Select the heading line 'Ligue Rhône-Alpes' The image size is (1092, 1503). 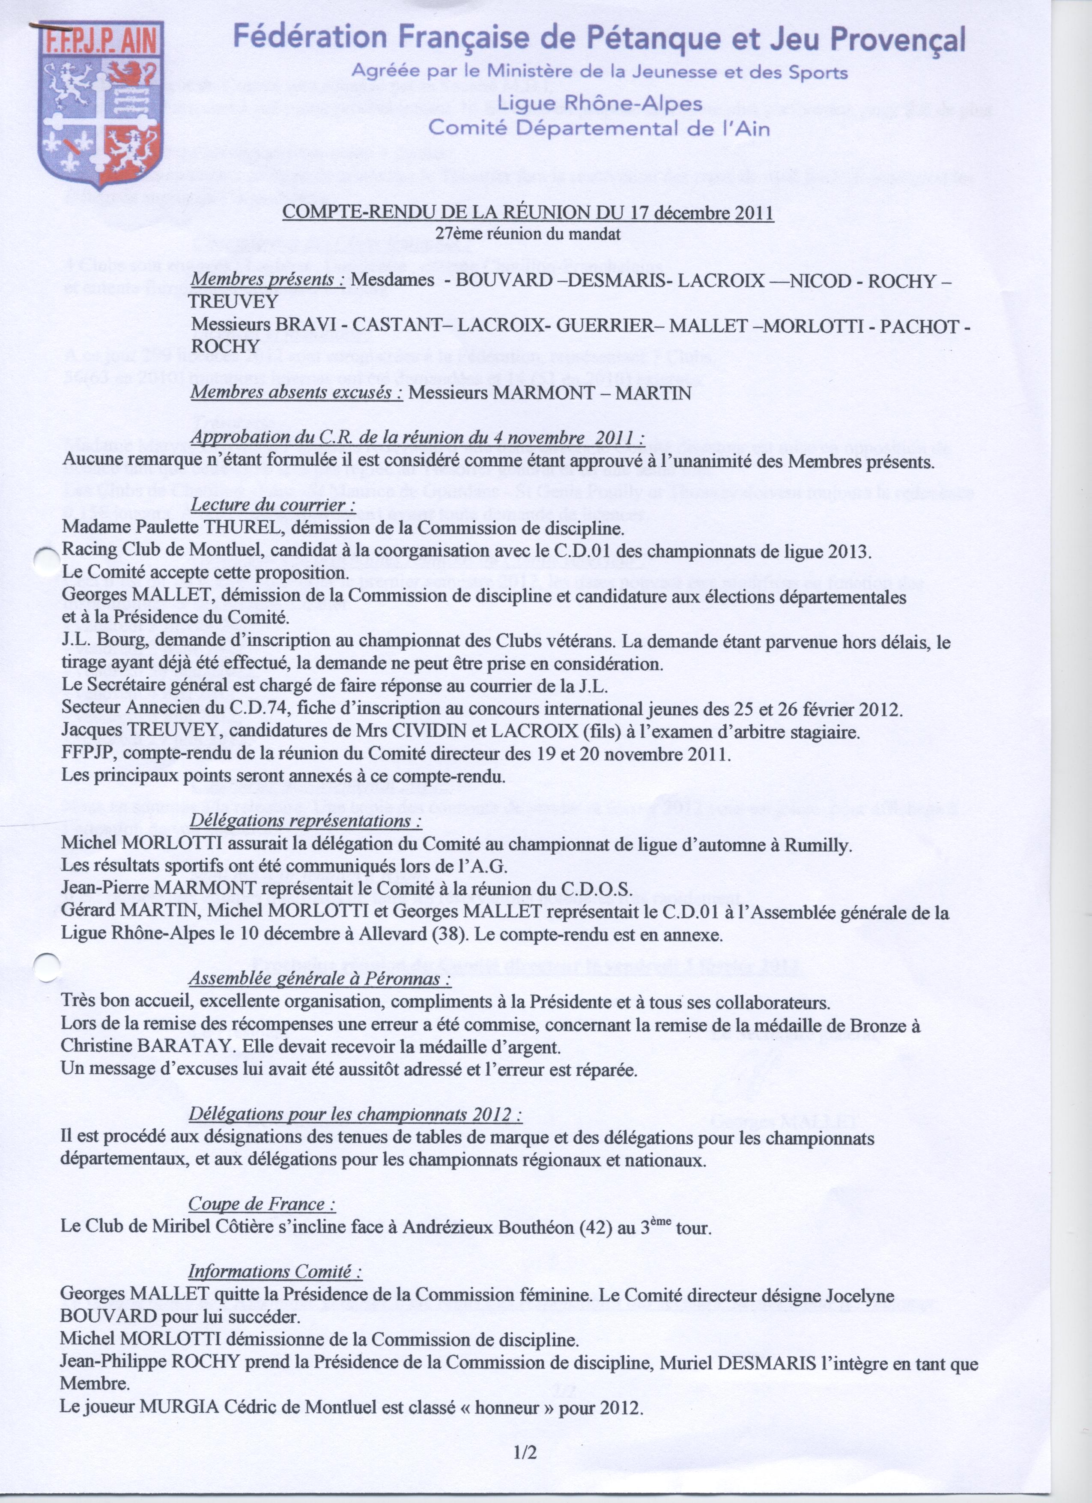point(600,103)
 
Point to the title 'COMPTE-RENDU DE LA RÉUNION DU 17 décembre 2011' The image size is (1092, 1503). point(528,213)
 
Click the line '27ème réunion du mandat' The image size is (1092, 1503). point(528,233)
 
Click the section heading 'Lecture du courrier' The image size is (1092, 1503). point(269,505)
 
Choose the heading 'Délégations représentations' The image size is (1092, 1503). point(305,820)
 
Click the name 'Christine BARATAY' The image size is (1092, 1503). point(145,1046)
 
